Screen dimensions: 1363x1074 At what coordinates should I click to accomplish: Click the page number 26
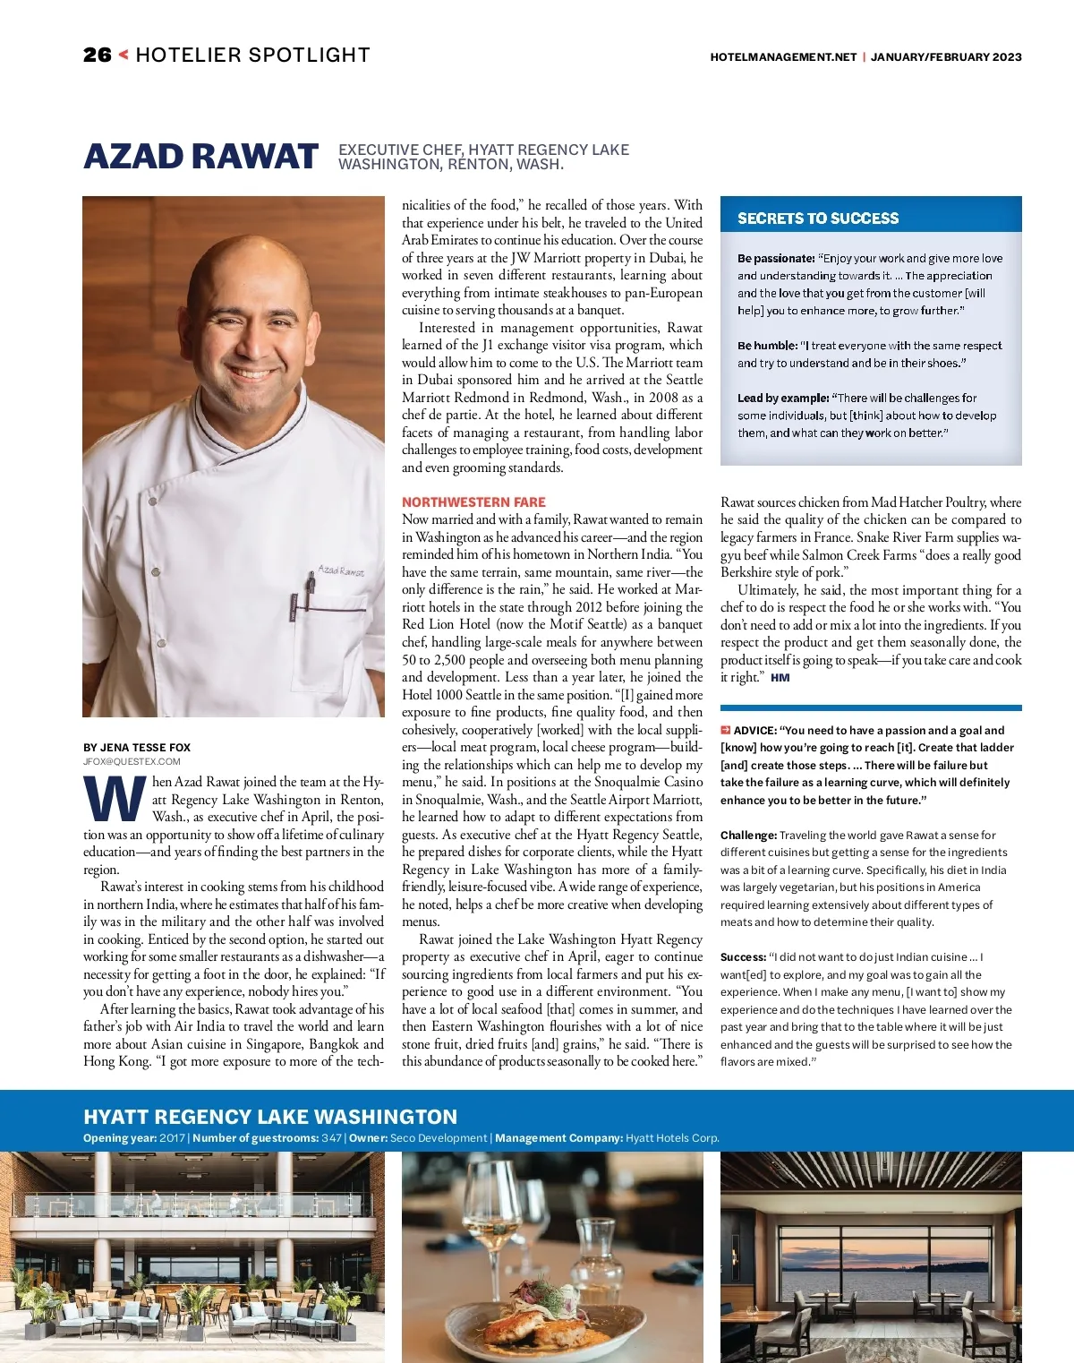[97, 56]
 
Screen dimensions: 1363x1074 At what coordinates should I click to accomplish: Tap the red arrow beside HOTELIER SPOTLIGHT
[124, 55]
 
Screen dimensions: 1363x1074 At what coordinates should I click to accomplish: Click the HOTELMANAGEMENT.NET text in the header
[783, 56]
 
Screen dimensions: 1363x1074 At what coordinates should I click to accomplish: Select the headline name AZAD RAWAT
[200, 157]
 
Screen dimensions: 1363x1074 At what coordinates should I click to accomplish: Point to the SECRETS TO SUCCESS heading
[818, 219]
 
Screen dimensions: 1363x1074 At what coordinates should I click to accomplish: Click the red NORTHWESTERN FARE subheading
[473, 502]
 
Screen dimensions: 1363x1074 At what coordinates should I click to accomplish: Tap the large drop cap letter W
[115, 800]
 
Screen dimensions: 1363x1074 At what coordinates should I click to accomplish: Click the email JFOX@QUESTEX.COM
[132, 761]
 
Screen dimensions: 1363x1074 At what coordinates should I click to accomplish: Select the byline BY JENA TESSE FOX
[137, 748]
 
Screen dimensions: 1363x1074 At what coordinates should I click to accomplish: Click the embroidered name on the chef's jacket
[341, 570]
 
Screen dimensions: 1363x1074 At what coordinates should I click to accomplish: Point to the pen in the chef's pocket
[310, 587]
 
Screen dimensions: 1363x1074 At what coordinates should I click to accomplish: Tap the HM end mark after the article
[780, 678]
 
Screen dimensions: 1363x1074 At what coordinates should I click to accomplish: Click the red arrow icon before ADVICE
[726, 730]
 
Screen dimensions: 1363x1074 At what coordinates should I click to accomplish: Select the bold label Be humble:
[767, 346]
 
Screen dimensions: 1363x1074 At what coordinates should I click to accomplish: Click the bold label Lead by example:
[783, 399]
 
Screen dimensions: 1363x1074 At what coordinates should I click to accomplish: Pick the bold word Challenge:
[748, 836]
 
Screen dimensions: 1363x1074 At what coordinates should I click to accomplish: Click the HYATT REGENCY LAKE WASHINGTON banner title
[270, 1117]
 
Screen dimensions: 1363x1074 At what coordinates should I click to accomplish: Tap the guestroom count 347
[331, 1138]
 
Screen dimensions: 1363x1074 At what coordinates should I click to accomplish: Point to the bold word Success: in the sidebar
[743, 957]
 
